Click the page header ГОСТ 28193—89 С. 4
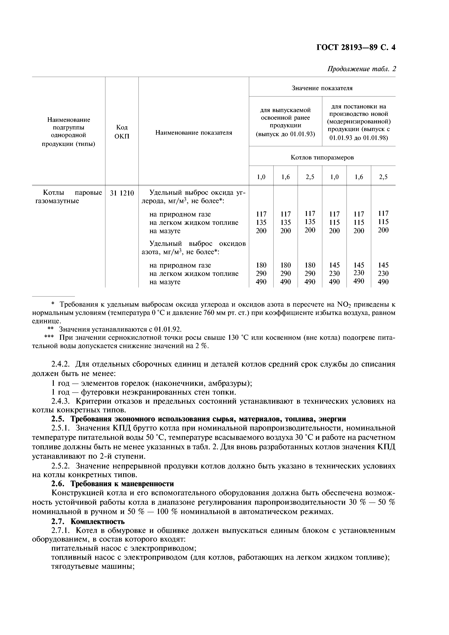356,48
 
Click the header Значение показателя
322,88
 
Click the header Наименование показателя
194,133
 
